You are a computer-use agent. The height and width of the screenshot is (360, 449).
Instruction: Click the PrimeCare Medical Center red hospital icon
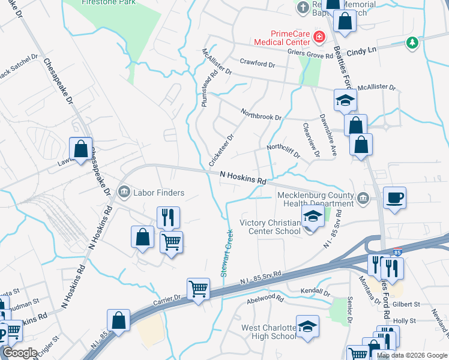319,37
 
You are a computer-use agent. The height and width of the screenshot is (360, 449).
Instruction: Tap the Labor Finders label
158,193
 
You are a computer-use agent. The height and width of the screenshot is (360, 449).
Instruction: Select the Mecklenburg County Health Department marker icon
363,199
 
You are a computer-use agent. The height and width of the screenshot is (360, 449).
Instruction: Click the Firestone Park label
108,3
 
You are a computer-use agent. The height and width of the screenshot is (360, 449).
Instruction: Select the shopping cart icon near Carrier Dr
197,289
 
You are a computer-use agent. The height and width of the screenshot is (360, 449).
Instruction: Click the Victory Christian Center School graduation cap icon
313,217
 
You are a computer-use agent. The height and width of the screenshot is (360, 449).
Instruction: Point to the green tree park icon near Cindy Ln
412,42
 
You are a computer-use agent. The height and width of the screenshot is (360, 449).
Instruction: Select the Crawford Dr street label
257,63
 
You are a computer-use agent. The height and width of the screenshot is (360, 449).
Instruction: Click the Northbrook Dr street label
261,113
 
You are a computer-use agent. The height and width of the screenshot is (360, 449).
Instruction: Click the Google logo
20,353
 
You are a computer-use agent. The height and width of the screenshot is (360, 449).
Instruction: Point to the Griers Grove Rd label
311,55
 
